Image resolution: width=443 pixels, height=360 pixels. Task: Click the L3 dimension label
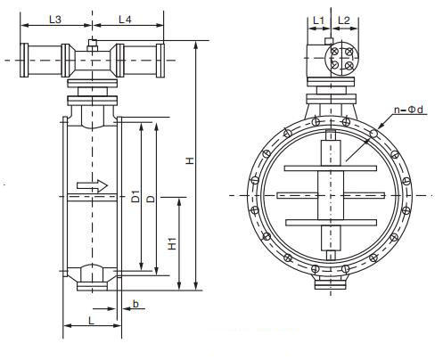pos(56,19)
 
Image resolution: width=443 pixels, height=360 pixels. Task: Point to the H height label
pos(188,160)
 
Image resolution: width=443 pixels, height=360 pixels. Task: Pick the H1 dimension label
pos(173,241)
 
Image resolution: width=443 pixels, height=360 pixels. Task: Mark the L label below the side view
pos(92,318)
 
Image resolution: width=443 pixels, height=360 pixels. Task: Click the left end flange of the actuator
pos(28,60)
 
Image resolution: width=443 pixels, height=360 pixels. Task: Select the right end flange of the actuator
pos(160,60)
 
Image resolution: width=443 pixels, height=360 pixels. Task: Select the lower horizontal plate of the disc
pos(330,222)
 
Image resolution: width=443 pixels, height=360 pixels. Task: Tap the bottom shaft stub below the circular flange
pos(330,282)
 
